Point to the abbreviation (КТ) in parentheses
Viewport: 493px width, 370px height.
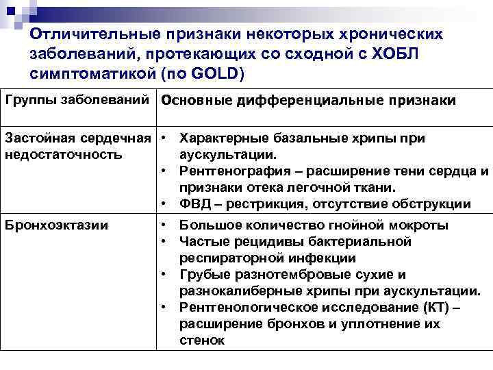click(x=429, y=307)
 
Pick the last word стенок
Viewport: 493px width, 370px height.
click(x=201, y=340)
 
